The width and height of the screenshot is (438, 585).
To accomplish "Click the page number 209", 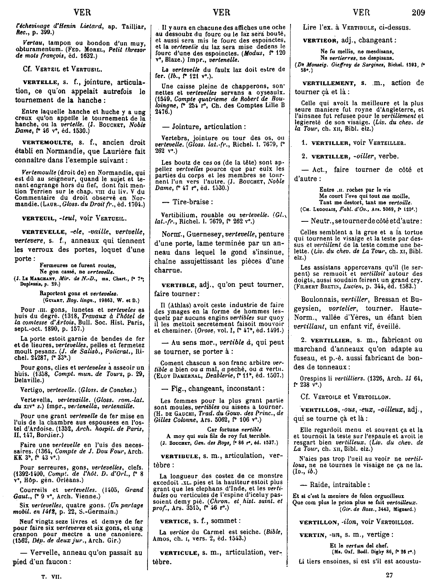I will coord(418,12).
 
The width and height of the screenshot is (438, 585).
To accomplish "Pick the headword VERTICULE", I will coord(178,552).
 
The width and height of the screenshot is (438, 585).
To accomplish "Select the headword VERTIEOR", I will coord(320,41).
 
